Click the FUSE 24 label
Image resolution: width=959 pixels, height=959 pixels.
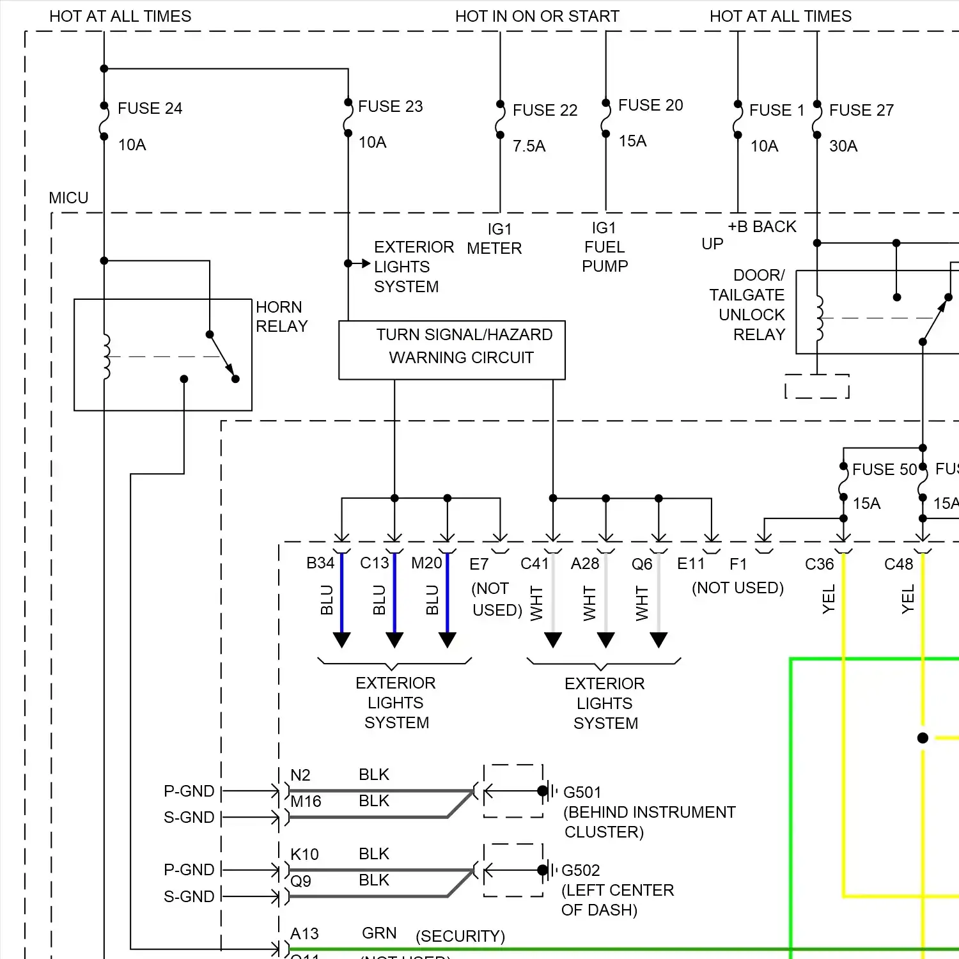[x=150, y=109]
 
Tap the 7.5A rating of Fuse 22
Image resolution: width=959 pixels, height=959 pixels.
[x=529, y=146]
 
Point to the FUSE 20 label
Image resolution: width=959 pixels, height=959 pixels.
[x=650, y=105]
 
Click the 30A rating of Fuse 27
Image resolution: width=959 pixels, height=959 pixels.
[x=843, y=146]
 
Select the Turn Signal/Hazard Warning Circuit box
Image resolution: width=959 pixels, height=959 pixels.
[x=452, y=350]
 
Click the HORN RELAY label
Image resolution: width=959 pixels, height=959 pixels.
[x=281, y=317]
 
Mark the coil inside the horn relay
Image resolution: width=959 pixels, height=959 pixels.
[x=106, y=357]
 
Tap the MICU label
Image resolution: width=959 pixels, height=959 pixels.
[x=68, y=198]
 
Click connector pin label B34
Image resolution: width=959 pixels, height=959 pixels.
[x=320, y=563]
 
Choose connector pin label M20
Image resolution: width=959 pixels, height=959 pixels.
[x=426, y=563]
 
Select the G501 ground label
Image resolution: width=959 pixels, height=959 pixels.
[x=582, y=793]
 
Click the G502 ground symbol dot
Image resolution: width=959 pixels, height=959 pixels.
[x=542, y=870]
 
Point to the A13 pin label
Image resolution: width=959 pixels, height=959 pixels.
[x=304, y=934]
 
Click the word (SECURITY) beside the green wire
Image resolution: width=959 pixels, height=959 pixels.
[x=460, y=937]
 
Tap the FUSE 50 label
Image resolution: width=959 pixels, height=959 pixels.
[x=884, y=470]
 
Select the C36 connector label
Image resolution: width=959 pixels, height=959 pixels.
[x=819, y=565]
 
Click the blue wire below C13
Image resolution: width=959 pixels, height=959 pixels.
[x=394, y=595]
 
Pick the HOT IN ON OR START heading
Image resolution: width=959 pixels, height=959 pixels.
[x=537, y=17]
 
